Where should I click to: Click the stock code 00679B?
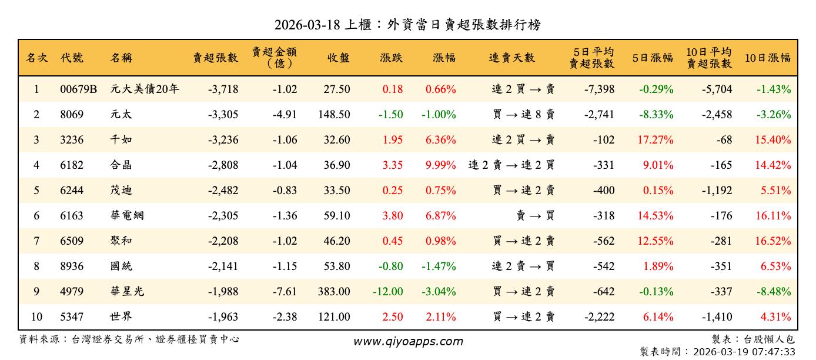coord(78,89)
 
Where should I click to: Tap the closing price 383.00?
coord(335,292)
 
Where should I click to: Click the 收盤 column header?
coord(339,58)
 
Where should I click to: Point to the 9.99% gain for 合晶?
coord(440,165)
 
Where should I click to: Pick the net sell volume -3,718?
coord(223,89)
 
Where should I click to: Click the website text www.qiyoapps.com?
coord(408,342)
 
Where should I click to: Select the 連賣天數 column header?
coord(511,58)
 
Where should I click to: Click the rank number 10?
coord(36,317)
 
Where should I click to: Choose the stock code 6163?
coord(72,216)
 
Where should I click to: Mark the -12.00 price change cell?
coord(387,292)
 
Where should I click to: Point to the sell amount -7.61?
coord(285,292)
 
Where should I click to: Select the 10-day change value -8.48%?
coord(773,292)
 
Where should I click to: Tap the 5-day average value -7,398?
coord(599,89)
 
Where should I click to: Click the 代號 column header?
coord(72,58)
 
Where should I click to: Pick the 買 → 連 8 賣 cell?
coord(524,115)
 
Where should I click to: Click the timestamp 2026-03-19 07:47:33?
coord(744,352)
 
